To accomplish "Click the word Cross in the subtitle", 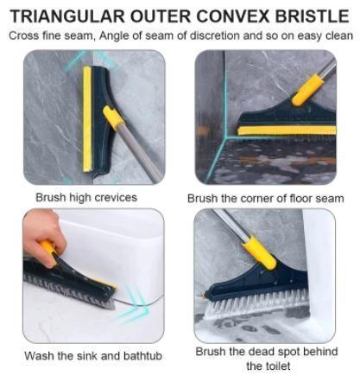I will click(x=28, y=35).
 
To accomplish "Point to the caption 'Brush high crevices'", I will click(x=86, y=197).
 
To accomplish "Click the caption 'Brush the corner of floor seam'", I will click(x=265, y=199).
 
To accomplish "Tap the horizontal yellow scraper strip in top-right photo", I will click(x=285, y=131).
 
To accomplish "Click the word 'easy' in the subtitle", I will click(x=296, y=35).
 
